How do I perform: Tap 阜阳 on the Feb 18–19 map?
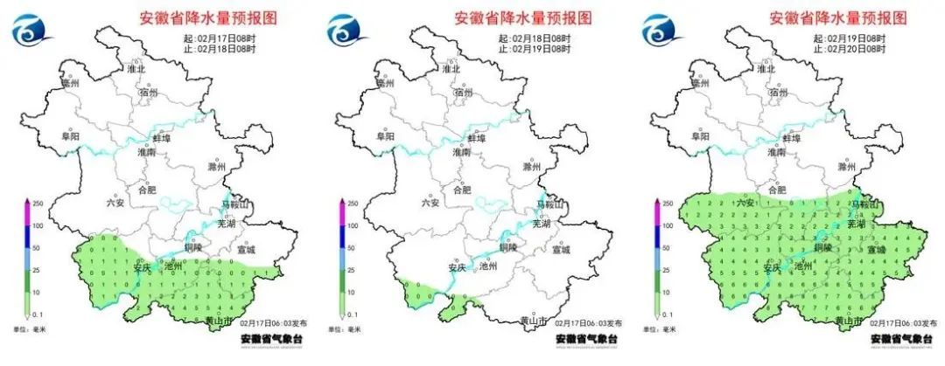click(384, 136)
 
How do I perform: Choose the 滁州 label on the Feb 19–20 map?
click(846, 166)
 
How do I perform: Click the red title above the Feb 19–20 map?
click(837, 17)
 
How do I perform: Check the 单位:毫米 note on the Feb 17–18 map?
click(31, 329)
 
